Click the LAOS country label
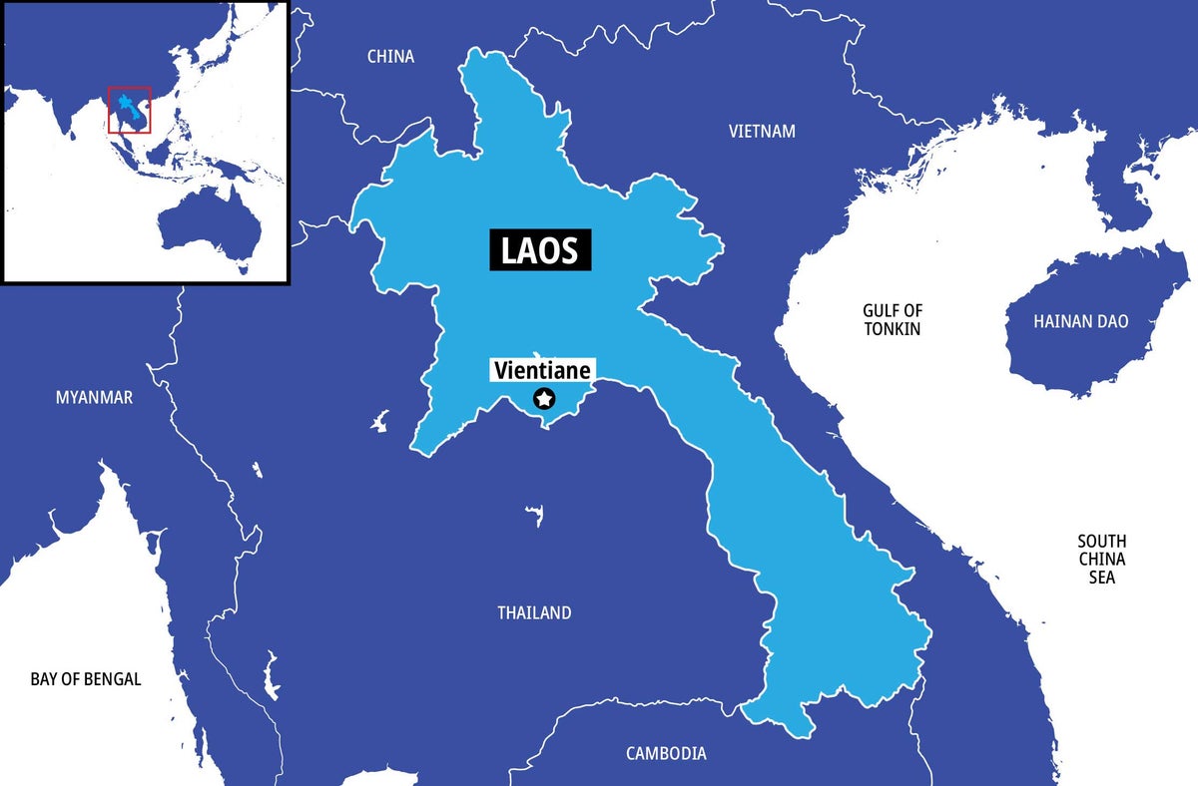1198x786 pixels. pos(540,249)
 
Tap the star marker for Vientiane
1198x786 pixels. pos(544,399)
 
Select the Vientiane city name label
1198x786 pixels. pos(543,371)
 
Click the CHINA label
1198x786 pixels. pos(390,57)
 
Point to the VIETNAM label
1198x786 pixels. pos(762,132)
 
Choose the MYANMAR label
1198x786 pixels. pos(94,398)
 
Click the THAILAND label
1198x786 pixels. pos(534,612)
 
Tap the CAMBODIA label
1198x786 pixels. pos(666,753)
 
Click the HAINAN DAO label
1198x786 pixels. pos(1081,322)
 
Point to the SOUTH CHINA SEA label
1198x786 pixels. pos(1101,559)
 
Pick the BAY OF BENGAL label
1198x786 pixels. pos(86,679)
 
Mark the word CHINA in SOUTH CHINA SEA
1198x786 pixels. pos(1101,559)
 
